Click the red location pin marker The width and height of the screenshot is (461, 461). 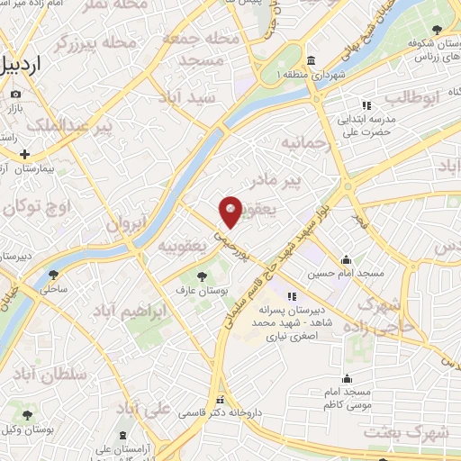(x=231, y=210)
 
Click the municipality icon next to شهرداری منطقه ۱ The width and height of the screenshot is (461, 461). (x=311, y=60)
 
